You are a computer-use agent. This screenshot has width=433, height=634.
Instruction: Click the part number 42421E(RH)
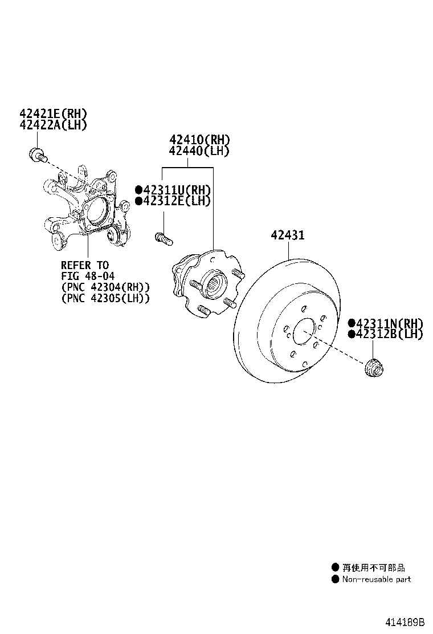tap(54, 114)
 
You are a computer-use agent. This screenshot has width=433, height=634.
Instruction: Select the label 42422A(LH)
tap(54, 125)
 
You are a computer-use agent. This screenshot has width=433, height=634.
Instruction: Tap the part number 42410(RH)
tap(199, 140)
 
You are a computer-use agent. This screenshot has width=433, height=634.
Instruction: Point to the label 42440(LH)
tap(199, 151)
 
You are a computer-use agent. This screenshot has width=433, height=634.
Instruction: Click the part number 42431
tap(288, 235)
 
